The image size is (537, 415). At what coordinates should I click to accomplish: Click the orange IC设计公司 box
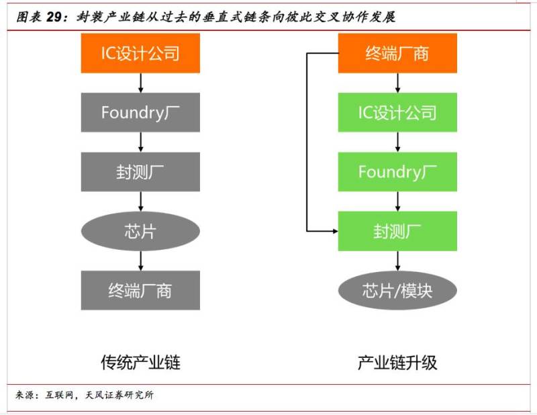tap(140, 53)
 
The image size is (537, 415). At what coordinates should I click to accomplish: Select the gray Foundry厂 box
tap(140, 112)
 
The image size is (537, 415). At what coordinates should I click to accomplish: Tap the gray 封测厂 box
tap(140, 172)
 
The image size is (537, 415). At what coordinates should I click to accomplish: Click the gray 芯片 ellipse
tap(140, 231)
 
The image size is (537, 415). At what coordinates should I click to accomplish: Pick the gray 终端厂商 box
tap(140, 290)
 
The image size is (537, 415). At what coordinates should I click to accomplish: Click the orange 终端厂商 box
tap(397, 53)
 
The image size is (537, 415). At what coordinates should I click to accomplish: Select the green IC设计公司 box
tap(397, 112)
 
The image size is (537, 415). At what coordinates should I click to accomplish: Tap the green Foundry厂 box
tap(397, 172)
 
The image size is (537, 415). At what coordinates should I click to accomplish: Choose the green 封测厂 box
tap(397, 231)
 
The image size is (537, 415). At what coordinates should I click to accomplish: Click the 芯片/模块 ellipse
tap(397, 290)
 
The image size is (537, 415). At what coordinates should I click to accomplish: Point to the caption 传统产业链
tap(140, 362)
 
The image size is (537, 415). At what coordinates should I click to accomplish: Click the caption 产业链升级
tap(397, 362)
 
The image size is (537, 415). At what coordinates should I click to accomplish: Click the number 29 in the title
tap(54, 17)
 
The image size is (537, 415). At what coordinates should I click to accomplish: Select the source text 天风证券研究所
tap(119, 395)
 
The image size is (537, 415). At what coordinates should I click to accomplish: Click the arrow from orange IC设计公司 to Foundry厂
tap(140, 83)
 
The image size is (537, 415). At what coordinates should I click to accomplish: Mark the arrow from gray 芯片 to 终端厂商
tap(140, 261)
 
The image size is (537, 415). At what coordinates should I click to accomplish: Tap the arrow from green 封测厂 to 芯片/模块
tap(397, 261)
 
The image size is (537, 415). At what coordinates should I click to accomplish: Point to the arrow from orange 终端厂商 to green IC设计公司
tap(397, 83)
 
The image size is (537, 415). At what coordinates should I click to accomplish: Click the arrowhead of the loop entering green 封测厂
tap(336, 231)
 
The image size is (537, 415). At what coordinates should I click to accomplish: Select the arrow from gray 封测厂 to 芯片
tap(140, 201)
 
